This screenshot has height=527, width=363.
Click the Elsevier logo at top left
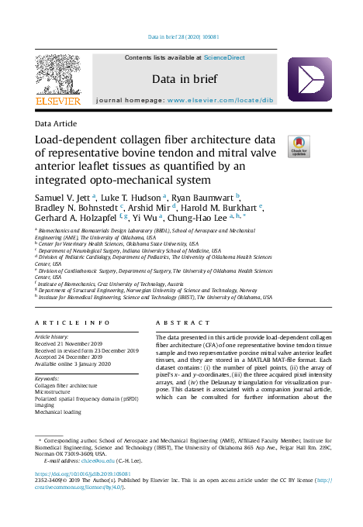57,81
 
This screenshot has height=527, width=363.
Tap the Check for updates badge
299,146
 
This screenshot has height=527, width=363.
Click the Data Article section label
54,125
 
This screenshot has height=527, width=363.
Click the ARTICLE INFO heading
73,322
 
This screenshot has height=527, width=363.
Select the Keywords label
48,378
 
